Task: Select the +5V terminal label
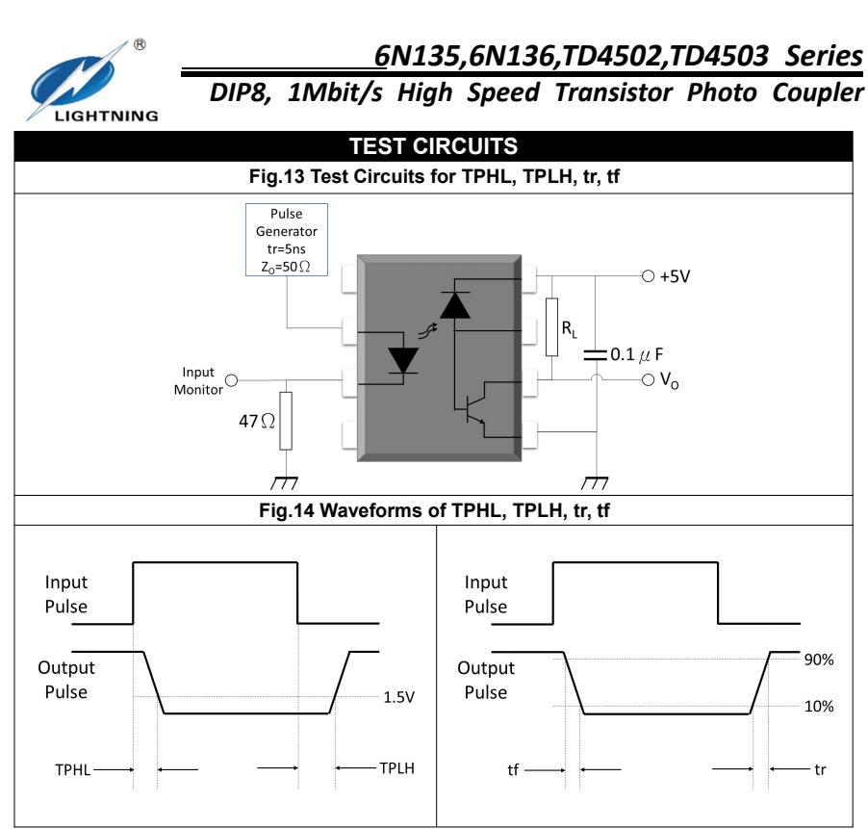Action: (x=675, y=276)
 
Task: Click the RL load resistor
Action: (x=552, y=327)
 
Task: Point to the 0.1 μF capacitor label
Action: (x=637, y=354)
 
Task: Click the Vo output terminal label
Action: (x=669, y=381)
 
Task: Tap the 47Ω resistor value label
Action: (x=257, y=421)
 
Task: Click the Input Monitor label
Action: (x=198, y=380)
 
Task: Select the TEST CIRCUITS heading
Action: (x=433, y=146)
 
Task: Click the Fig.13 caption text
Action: (x=434, y=177)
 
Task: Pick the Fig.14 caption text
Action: (x=434, y=510)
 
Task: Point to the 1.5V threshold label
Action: (x=398, y=697)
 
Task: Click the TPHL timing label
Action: (x=73, y=769)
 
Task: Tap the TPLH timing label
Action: (x=396, y=768)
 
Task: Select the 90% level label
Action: (x=819, y=660)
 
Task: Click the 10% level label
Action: (x=819, y=706)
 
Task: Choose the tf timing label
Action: (x=513, y=770)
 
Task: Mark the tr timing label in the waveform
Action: (x=820, y=769)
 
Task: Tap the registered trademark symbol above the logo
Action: (x=140, y=45)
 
